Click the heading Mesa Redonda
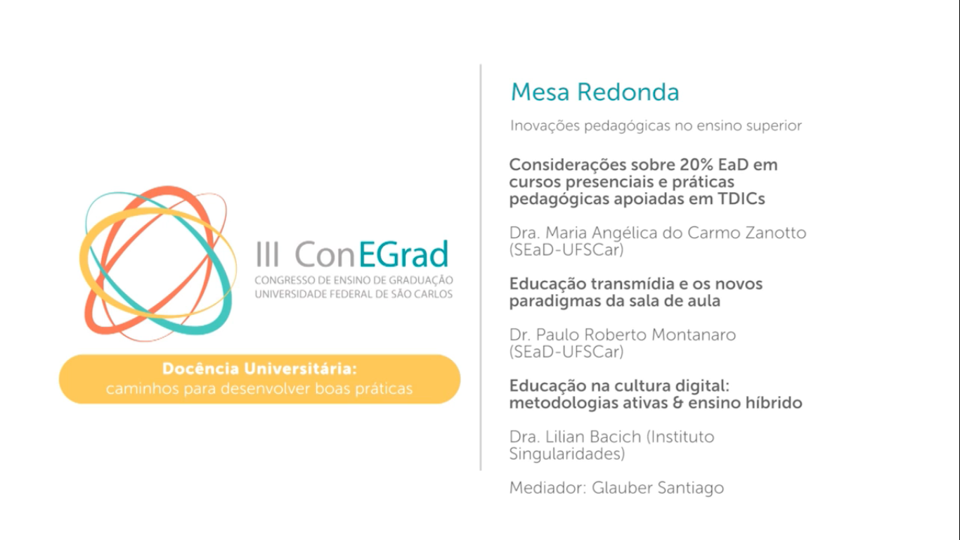click(595, 92)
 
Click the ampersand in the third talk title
click(678, 403)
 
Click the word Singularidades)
click(567, 454)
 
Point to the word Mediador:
click(547, 488)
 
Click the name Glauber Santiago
click(658, 488)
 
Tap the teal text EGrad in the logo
click(403, 255)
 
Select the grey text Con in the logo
click(325, 255)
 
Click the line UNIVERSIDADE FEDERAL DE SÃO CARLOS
click(353, 294)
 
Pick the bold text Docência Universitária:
click(259, 369)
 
